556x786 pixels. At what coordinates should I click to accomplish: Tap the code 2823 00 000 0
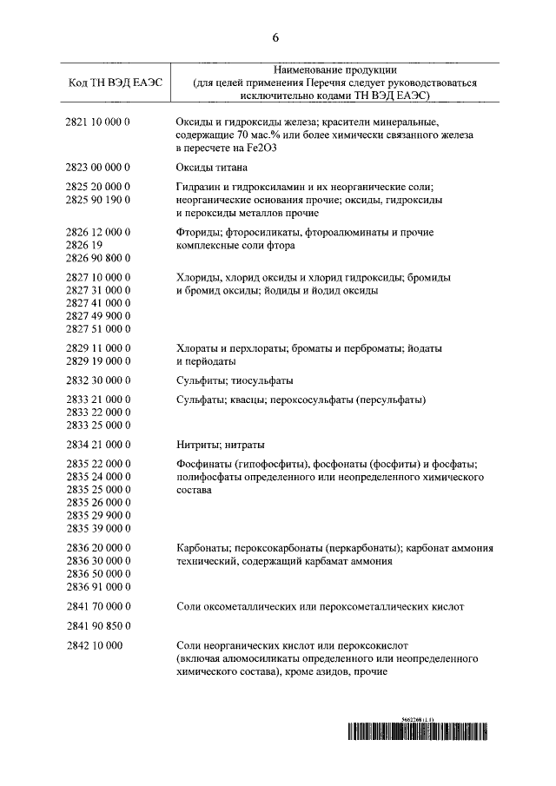[x=97, y=166]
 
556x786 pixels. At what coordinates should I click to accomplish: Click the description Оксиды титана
[x=212, y=166]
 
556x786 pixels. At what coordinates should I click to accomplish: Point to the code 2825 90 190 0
[x=97, y=200]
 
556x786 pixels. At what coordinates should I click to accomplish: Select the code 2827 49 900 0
[x=97, y=316]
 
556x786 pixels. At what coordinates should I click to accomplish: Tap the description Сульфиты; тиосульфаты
[x=235, y=380]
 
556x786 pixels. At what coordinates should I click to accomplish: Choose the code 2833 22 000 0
[x=97, y=413]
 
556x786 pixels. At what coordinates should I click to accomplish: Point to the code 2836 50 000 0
[x=97, y=574]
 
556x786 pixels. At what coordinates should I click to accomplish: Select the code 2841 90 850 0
[x=97, y=625]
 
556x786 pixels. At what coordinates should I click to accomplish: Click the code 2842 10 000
[x=93, y=645]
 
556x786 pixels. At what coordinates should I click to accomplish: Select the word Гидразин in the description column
[x=199, y=187]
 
